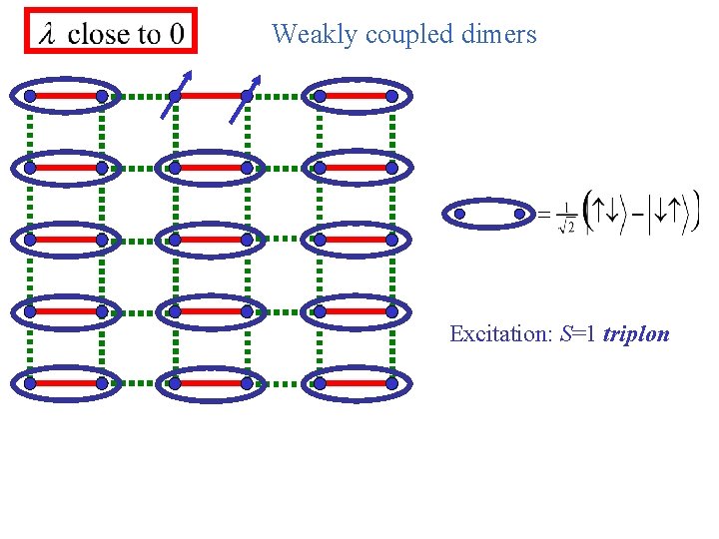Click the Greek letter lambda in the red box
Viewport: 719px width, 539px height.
[47, 35]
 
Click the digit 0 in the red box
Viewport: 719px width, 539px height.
[176, 34]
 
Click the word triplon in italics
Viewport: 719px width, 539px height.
[636, 333]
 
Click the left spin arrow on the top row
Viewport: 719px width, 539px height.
[176, 95]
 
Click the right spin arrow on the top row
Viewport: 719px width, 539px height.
[246, 98]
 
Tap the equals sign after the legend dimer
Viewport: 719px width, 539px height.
[544, 213]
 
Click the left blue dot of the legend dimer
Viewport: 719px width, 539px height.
[459, 213]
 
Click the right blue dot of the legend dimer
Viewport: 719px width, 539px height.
[519, 213]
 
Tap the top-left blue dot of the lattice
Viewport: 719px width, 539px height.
[30, 96]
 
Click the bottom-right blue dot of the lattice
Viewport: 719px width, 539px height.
[391, 383]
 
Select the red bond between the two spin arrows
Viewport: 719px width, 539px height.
[211, 96]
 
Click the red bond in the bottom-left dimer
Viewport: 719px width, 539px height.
[66, 383]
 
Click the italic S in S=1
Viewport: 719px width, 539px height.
[565, 333]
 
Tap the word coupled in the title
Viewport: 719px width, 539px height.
[403, 35]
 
